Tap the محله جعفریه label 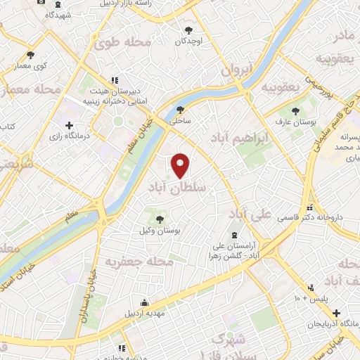[129, 262]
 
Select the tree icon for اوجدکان [189, 30]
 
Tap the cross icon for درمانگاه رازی [68, 125]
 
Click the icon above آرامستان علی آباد [235, 236]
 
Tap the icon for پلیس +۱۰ [311, 287]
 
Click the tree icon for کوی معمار [30, 55]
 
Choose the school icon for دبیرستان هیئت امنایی [115, 81]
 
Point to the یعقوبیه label [281, 86]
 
